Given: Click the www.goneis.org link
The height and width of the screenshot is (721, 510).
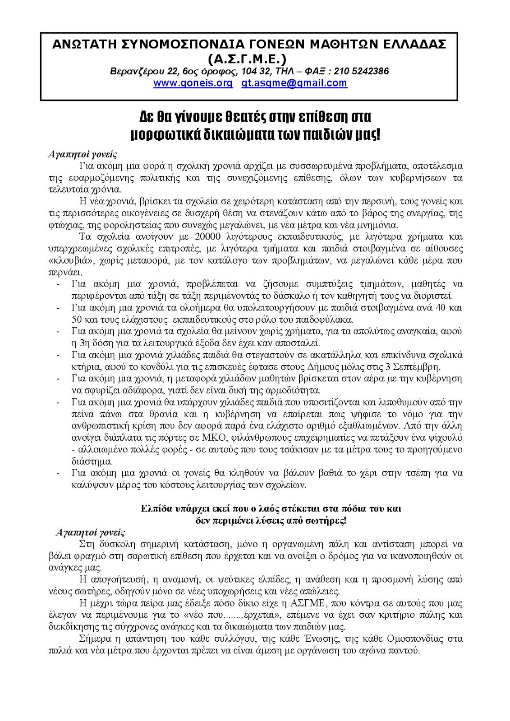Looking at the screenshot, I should click(x=193, y=83).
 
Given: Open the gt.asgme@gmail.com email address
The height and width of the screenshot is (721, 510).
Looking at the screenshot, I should click(x=294, y=83).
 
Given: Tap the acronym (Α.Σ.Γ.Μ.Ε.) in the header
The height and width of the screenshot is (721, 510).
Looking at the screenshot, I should click(x=248, y=59).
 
